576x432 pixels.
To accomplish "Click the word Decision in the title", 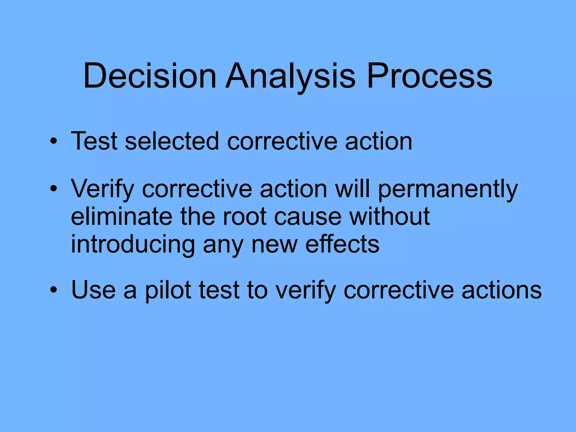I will (x=150, y=76).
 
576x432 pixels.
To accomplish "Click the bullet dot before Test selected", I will (x=53, y=141).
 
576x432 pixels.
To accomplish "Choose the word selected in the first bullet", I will (x=172, y=141).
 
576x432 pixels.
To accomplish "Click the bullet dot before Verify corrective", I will (x=53, y=189).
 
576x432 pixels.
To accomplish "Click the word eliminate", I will (x=121, y=216).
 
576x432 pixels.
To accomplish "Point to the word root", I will (x=244, y=216).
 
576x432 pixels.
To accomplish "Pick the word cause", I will (x=308, y=217).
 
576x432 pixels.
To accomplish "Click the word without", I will (x=390, y=216).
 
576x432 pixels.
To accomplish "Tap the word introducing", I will (x=133, y=244).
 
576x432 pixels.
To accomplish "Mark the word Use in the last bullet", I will (x=93, y=290).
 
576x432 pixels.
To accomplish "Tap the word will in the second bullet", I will (x=352, y=188).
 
